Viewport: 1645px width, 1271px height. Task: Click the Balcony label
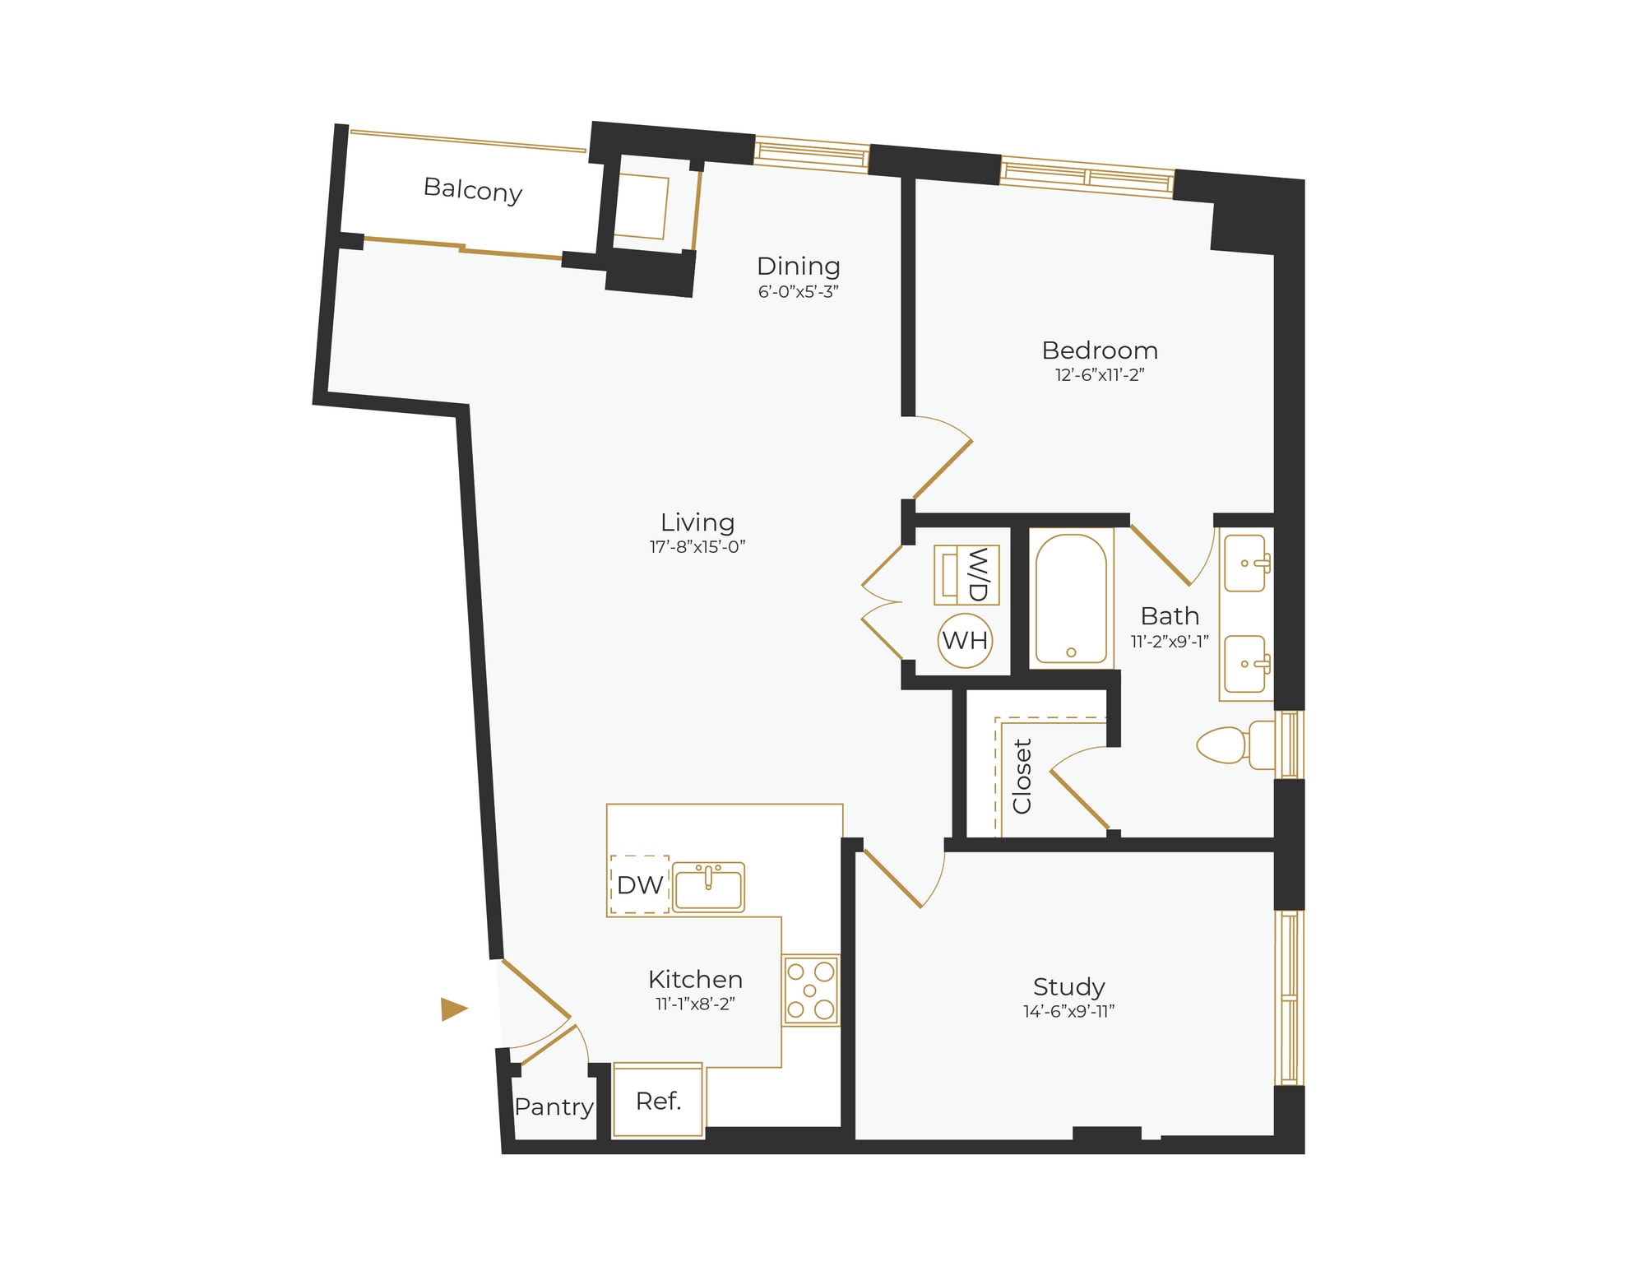[x=473, y=190]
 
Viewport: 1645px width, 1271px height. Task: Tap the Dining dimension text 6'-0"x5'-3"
[x=798, y=292]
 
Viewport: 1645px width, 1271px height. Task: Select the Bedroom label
[x=1100, y=350]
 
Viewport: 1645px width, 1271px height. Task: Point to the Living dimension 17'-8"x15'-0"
[x=697, y=547]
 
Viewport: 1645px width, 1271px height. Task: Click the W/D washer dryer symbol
[x=966, y=574]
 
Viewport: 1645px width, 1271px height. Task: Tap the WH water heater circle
[x=965, y=640]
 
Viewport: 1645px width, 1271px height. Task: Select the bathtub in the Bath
[x=1070, y=598]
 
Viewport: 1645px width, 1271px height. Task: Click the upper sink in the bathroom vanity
[x=1245, y=564]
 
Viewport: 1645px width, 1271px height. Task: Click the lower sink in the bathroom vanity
[x=1245, y=663]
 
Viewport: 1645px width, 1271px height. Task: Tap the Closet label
[x=1022, y=776]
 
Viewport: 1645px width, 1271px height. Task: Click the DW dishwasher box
[x=640, y=885]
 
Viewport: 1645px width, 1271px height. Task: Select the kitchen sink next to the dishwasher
[x=708, y=887]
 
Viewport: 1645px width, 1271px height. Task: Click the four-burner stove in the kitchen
[x=811, y=990]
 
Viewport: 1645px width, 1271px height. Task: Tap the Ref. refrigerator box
[x=658, y=1101]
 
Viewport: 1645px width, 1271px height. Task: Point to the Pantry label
[x=554, y=1107]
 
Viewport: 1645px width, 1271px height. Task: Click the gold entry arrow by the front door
[x=453, y=1009]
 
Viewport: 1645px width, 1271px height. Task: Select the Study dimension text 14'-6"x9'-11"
[x=1068, y=1012]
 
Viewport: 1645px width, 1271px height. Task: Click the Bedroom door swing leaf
[x=943, y=470]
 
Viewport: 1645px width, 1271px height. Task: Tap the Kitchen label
[x=695, y=980]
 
